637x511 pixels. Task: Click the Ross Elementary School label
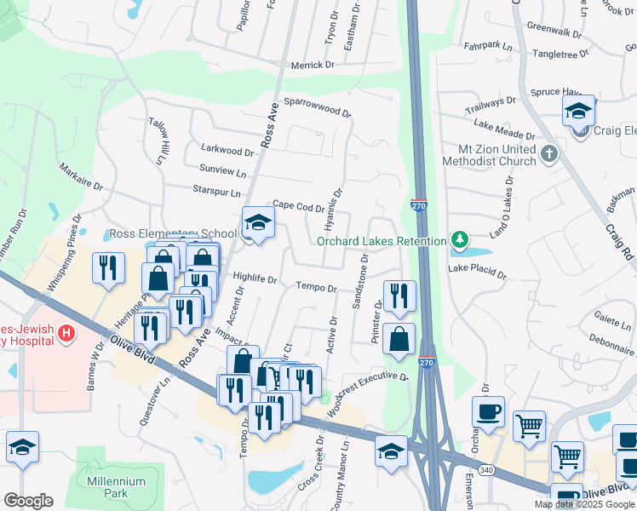[x=173, y=234]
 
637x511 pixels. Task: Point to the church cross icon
[x=549, y=154]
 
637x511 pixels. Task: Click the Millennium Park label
[x=116, y=487]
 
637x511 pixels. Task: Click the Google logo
[x=28, y=501]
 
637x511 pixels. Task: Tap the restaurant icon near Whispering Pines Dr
[x=108, y=268]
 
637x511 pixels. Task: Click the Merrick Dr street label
[x=312, y=66]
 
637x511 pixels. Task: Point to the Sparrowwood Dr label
[x=317, y=106]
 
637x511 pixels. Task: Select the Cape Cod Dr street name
[x=297, y=206]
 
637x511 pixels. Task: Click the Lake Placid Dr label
[x=477, y=275]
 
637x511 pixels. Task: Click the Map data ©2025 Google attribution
[x=584, y=504]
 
